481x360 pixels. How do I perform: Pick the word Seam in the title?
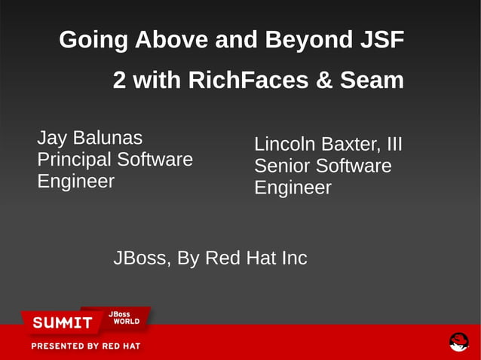(x=372, y=81)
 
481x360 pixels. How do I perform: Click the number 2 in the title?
(x=120, y=81)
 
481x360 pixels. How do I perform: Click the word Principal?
(x=74, y=160)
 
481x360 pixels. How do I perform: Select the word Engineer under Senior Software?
(x=293, y=188)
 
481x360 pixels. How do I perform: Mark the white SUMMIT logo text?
(x=62, y=323)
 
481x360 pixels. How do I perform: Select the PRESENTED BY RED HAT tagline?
(x=85, y=346)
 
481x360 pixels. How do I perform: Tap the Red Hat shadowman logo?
(x=458, y=342)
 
